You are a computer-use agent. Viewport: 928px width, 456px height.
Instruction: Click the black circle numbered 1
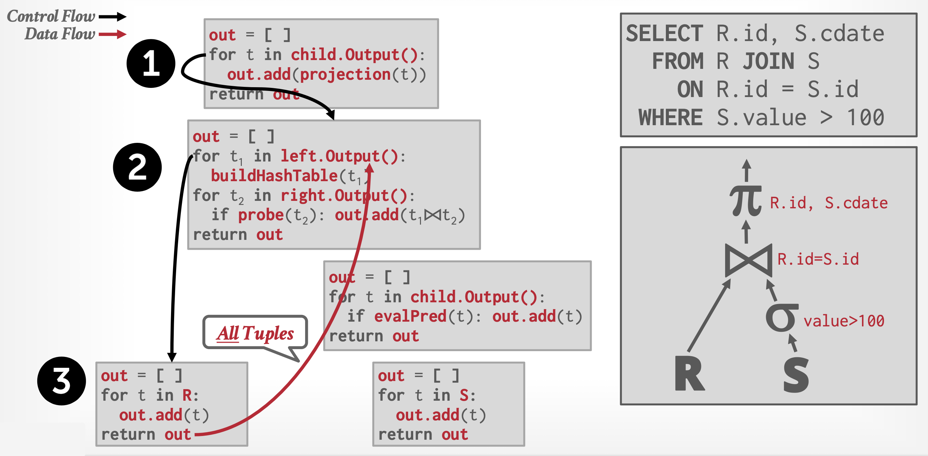[x=151, y=63]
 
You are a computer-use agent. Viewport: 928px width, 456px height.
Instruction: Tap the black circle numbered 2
[x=137, y=167]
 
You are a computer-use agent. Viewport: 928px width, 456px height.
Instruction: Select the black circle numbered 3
[x=62, y=381]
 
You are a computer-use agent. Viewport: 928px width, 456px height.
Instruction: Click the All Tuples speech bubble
[x=255, y=332]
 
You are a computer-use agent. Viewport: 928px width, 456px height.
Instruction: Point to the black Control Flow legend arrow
[x=112, y=16]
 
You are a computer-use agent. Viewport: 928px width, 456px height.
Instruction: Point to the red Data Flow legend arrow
[x=112, y=34]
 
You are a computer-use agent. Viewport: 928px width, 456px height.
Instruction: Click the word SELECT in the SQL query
[x=664, y=34]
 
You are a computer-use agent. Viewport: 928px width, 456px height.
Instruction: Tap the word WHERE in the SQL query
[x=670, y=118]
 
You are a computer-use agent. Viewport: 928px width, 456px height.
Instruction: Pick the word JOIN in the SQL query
[x=768, y=61]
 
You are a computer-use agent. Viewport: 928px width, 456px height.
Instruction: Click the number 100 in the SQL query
[x=865, y=118]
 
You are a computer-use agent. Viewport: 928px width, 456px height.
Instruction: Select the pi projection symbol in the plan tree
[x=745, y=201]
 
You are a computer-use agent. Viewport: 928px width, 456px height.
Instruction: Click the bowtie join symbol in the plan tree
[x=748, y=260]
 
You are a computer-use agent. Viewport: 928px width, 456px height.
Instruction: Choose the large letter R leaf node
[x=689, y=374]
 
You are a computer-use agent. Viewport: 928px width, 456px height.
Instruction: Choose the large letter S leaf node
[x=796, y=375]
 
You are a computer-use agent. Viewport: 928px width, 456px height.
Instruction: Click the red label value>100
[x=844, y=321]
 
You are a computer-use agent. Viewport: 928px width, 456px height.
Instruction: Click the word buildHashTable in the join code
[x=274, y=176]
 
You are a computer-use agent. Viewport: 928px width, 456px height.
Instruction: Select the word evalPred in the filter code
[x=410, y=317]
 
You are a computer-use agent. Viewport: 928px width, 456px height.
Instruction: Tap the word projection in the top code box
[x=345, y=75]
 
